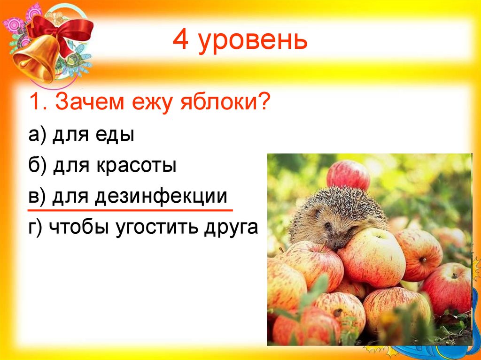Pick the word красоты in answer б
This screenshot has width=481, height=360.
[137, 166]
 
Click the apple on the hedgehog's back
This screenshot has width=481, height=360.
[348, 175]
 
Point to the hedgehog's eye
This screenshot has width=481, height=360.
[328, 226]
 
